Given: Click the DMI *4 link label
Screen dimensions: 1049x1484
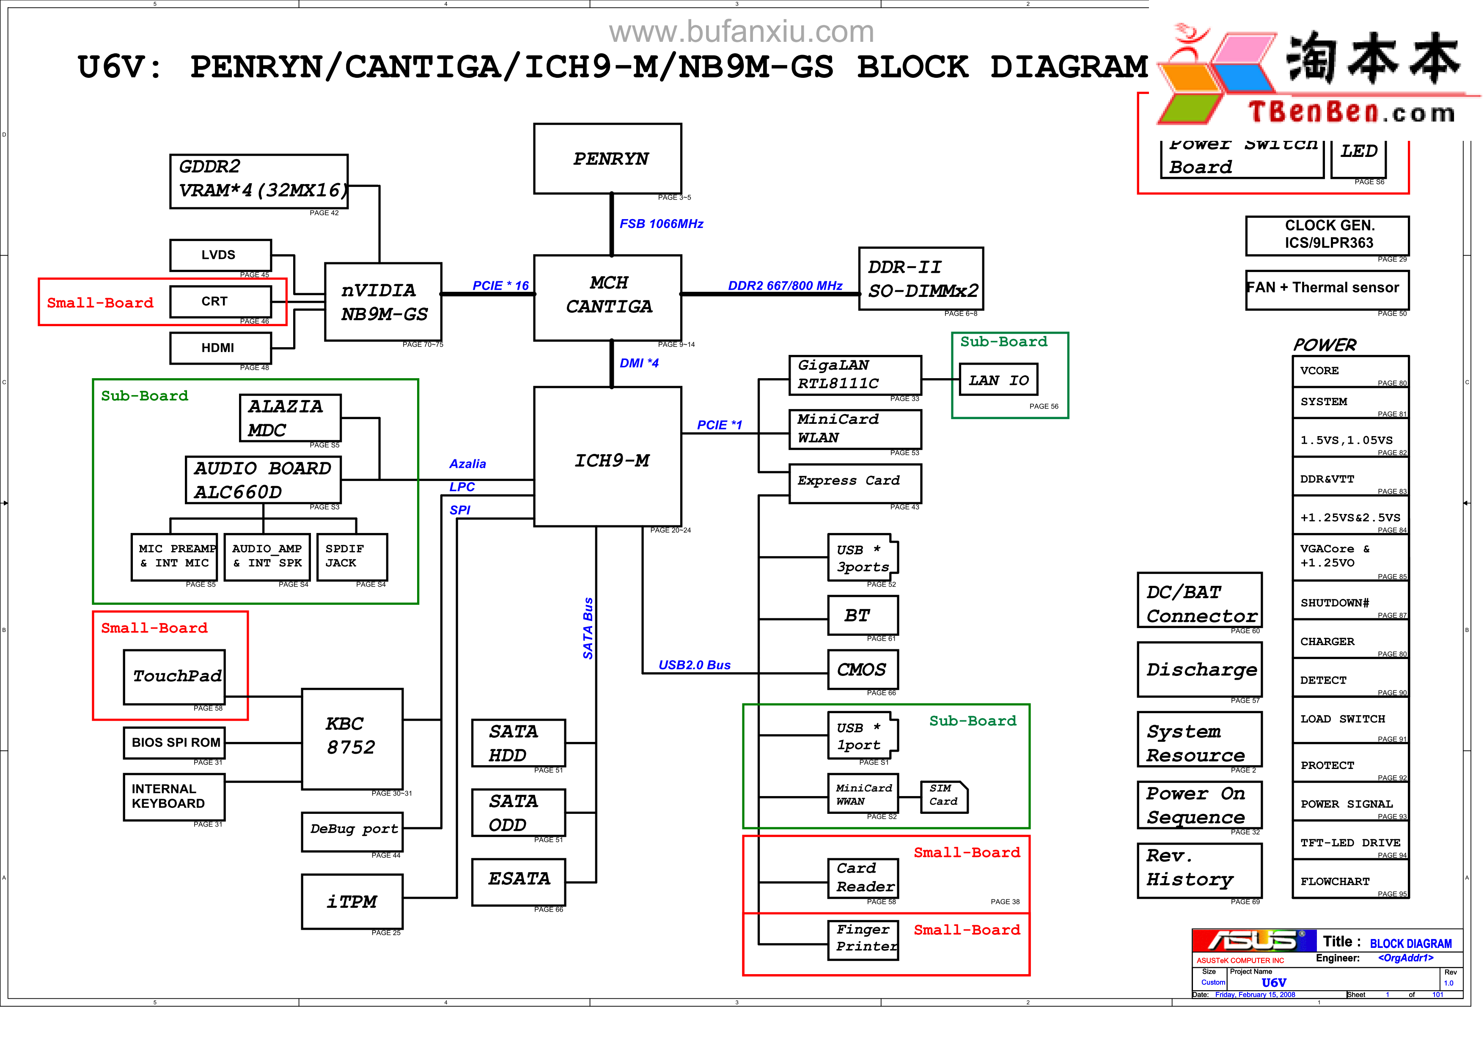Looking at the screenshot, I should click(639, 363).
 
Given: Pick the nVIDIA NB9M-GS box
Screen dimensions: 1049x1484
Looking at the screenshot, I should click(383, 302).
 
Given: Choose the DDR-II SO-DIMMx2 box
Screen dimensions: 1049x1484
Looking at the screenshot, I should click(921, 279).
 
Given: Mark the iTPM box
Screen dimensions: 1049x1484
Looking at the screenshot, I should click(352, 902).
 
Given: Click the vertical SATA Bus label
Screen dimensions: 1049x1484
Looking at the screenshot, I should click(588, 628).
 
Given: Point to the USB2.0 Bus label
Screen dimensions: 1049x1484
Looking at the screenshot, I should click(694, 665).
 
